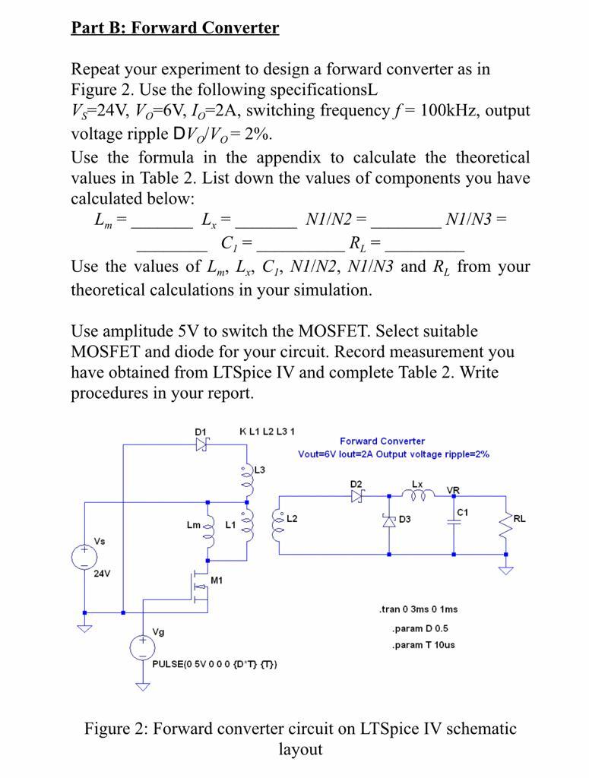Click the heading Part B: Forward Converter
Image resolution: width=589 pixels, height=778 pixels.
(x=175, y=28)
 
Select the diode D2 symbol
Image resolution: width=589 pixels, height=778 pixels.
(x=357, y=495)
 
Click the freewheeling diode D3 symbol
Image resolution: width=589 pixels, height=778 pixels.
(x=389, y=520)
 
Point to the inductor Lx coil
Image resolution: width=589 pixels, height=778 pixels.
(x=419, y=495)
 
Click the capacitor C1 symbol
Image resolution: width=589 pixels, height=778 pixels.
(x=454, y=520)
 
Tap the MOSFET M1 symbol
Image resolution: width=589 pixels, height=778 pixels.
(x=199, y=587)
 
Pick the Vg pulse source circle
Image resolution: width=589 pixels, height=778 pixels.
(x=142, y=647)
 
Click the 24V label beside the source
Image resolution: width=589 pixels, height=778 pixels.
(x=102, y=574)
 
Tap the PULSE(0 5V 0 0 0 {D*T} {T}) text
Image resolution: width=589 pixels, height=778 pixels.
(x=215, y=663)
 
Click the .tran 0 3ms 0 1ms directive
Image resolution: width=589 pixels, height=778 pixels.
(x=418, y=609)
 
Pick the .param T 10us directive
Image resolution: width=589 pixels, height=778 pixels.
(x=423, y=645)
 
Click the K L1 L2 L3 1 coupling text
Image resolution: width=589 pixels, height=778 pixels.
(x=268, y=432)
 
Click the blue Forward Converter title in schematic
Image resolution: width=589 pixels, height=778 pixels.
(x=382, y=441)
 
